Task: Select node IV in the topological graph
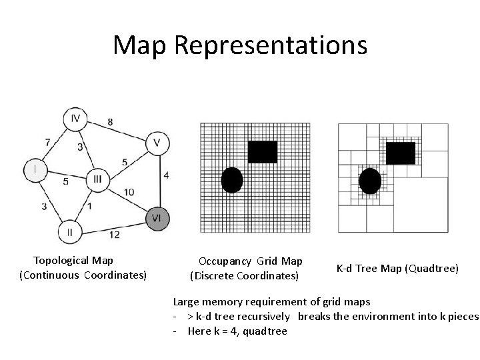point(75,119)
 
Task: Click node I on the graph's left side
point(35,169)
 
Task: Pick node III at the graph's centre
point(97,179)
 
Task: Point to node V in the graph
point(157,143)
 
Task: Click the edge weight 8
point(109,121)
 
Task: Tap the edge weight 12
point(114,234)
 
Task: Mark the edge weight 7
point(47,142)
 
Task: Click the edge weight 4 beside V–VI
point(166,175)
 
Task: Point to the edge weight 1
point(90,205)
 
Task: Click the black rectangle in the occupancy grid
point(262,151)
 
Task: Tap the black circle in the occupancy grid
point(231,180)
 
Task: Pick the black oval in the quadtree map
point(370,181)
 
